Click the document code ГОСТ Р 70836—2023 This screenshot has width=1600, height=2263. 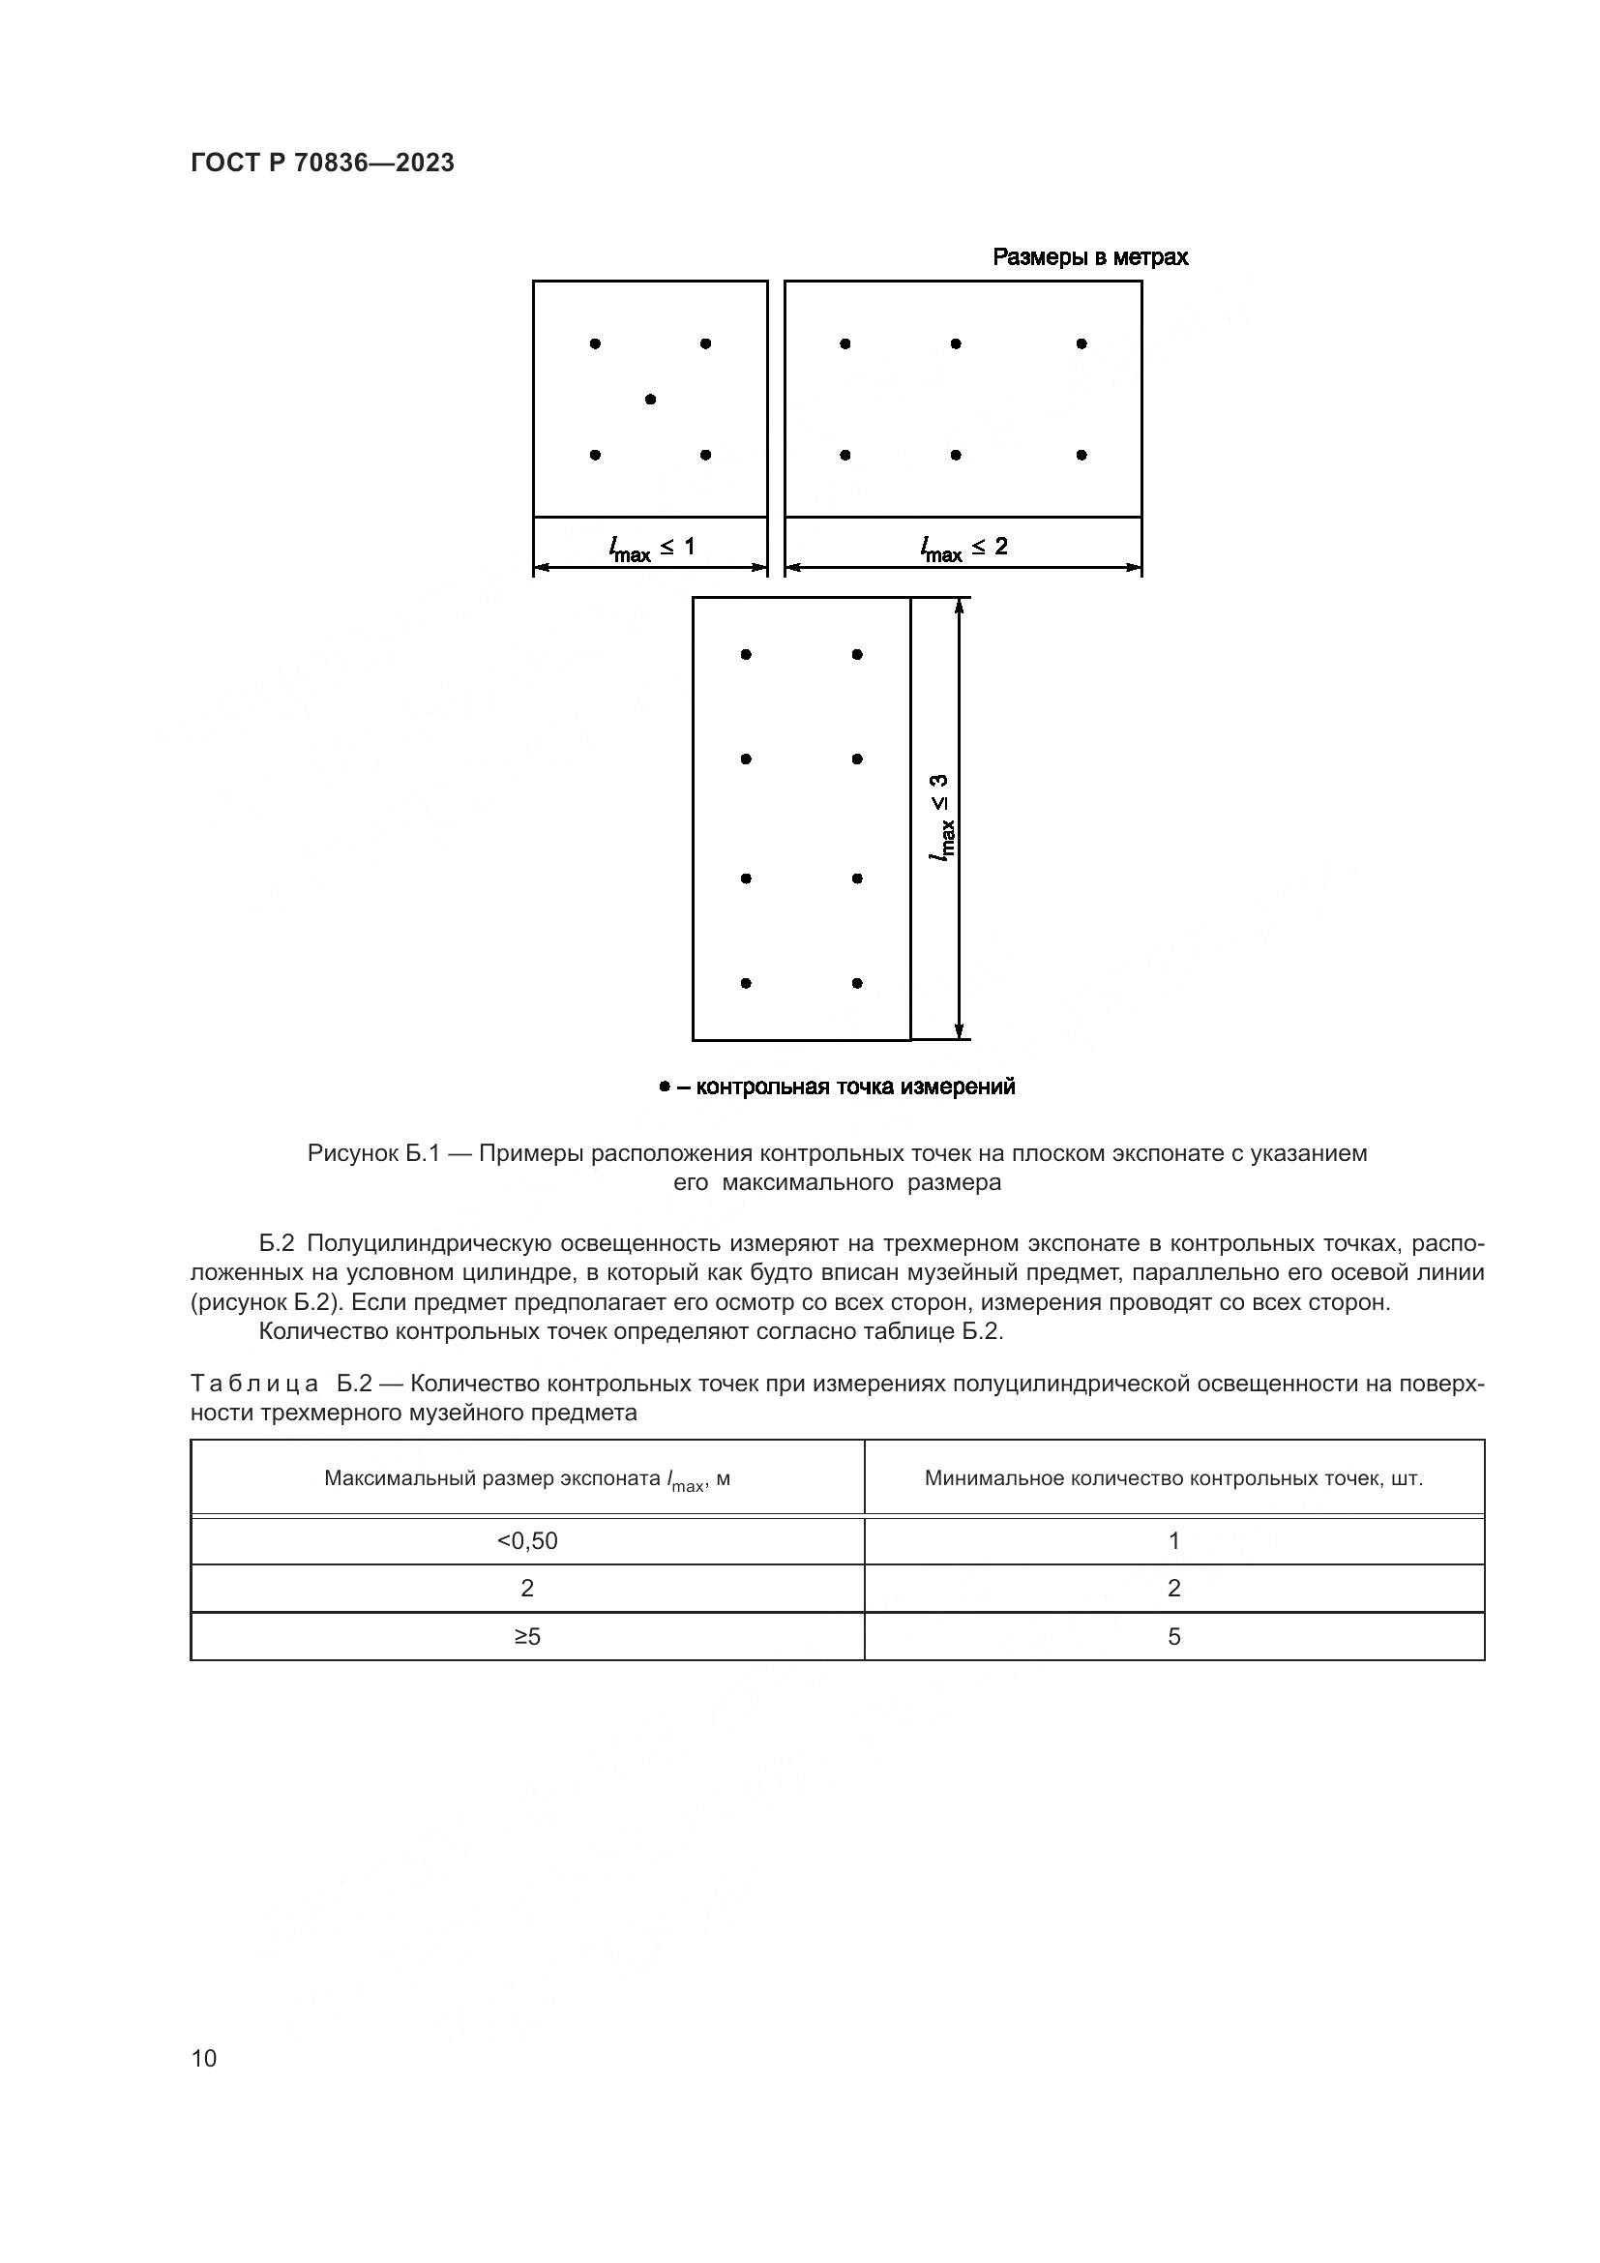[322, 164]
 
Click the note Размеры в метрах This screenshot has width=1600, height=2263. [1089, 257]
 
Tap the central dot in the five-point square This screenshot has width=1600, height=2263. [650, 400]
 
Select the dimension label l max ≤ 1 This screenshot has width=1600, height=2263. [651, 547]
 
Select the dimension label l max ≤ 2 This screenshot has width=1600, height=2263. [963, 547]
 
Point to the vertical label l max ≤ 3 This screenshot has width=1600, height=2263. [942, 818]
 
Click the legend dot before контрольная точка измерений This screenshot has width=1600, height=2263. [664, 1087]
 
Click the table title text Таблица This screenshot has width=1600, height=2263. [254, 1384]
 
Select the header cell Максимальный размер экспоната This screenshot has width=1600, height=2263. [527, 1478]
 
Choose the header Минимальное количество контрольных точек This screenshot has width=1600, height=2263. [1173, 1478]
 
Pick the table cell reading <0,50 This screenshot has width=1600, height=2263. [527, 1540]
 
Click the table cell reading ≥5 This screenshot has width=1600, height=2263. [527, 1636]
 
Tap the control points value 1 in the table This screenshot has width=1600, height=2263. [1173, 1540]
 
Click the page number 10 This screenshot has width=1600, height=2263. [204, 2058]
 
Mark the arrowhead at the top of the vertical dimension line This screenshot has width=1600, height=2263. [959, 604]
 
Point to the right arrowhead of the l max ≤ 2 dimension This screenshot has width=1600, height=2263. [1135, 568]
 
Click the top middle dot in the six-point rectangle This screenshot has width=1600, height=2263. [956, 344]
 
